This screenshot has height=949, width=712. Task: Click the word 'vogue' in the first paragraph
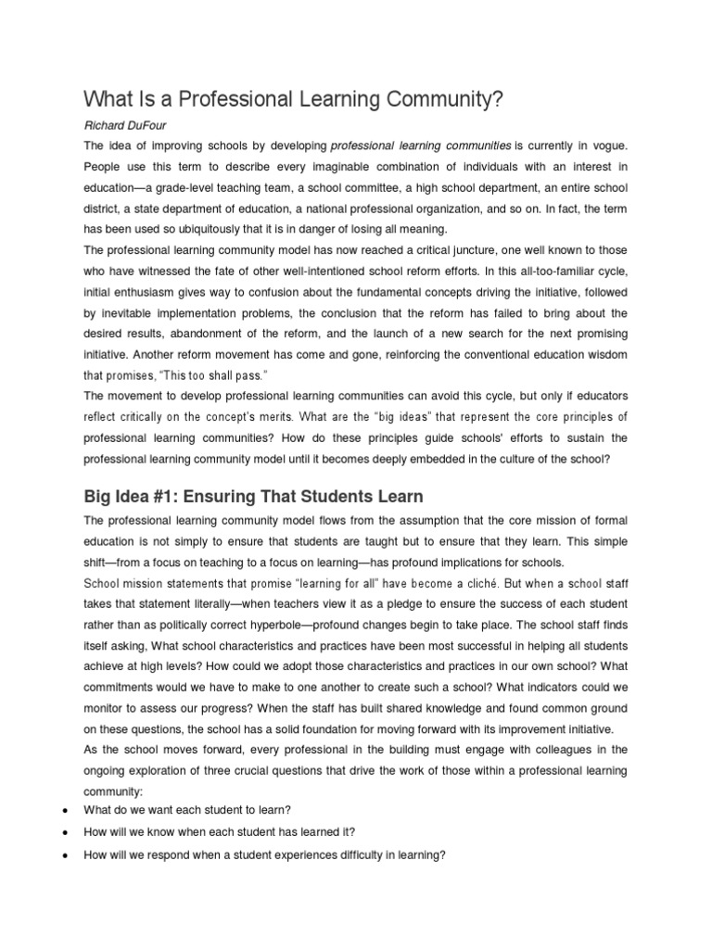[606, 146]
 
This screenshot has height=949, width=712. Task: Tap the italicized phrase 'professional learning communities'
[421, 146]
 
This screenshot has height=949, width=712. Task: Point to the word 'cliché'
[478, 584]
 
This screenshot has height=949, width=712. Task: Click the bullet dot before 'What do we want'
[62, 810]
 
